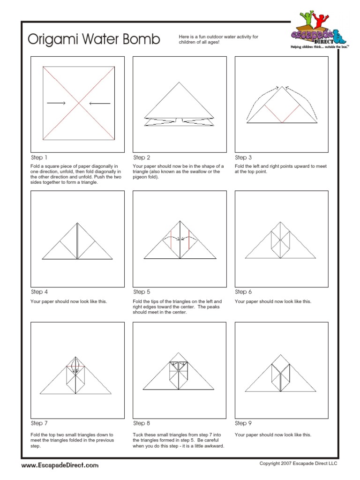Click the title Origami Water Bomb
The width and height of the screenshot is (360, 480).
[94, 39]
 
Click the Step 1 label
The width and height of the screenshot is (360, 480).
[39, 157]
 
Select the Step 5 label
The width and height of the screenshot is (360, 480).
[142, 292]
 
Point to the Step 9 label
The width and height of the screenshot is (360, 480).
[243, 423]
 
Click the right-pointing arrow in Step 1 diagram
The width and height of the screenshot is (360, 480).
[56, 103]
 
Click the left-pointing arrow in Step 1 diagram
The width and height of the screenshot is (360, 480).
[100, 103]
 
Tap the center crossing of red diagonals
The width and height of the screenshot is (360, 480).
[78, 103]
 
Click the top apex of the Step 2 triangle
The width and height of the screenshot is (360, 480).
[179, 82]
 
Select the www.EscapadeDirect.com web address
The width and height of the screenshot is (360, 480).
[60, 465]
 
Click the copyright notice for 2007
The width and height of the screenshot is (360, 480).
[298, 464]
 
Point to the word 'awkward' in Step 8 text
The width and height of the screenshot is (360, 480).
[214, 446]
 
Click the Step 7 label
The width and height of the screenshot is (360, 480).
[39, 423]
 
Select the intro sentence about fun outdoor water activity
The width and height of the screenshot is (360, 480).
[218, 39]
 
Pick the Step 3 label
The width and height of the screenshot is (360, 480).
[243, 157]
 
